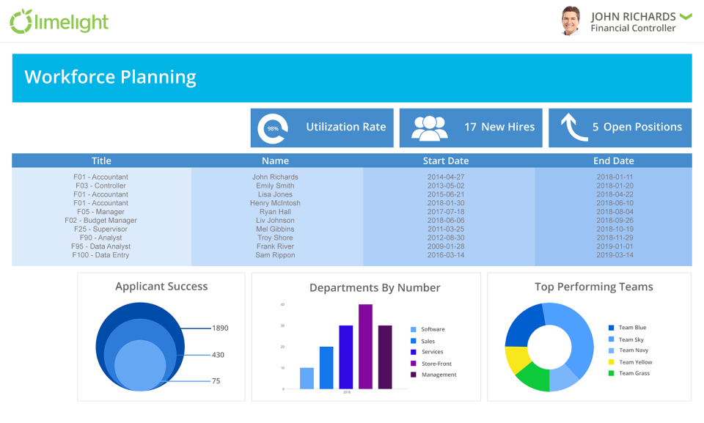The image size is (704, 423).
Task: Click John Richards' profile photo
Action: click(571, 21)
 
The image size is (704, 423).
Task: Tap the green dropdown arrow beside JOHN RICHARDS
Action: click(686, 16)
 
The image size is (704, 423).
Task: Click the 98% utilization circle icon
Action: click(273, 128)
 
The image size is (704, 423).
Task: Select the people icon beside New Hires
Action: click(429, 128)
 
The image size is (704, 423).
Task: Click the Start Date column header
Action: click(445, 161)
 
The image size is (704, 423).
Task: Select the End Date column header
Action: click(613, 161)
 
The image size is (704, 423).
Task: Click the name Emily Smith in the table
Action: click(275, 185)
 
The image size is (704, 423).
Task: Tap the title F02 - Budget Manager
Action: click(100, 220)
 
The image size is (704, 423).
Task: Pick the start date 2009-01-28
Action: click(445, 246)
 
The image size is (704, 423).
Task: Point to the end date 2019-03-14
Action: click(615, 255)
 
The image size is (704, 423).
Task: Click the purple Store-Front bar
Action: click(365, 346)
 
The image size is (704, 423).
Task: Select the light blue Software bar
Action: click(307, 378)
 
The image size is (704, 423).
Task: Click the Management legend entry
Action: click(438, 375)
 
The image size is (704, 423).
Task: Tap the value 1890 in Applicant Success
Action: click(220, 328)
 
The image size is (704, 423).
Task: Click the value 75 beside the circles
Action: click(216, 380)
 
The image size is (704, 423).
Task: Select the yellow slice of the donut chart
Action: click(516, 358)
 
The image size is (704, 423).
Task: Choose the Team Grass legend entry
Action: click(634, 373)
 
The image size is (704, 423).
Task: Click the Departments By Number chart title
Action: click(375, 287)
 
